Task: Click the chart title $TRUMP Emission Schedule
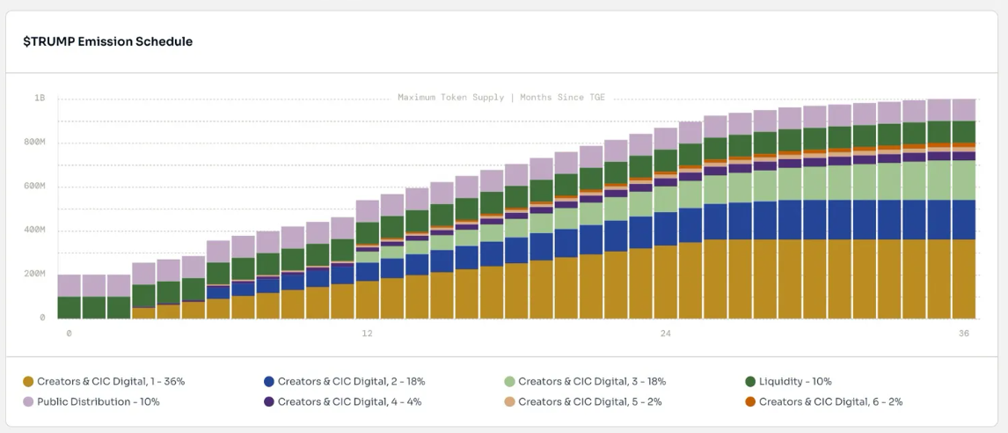107,41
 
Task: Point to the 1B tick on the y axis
40,98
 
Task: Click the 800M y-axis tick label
34,142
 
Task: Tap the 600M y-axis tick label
34,186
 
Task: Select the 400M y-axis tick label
34,230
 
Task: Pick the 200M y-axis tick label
34,274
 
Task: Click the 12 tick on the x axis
367,334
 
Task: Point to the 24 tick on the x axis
666,334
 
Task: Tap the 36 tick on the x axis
964,334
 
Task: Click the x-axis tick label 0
69,334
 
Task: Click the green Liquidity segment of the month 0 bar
69,307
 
